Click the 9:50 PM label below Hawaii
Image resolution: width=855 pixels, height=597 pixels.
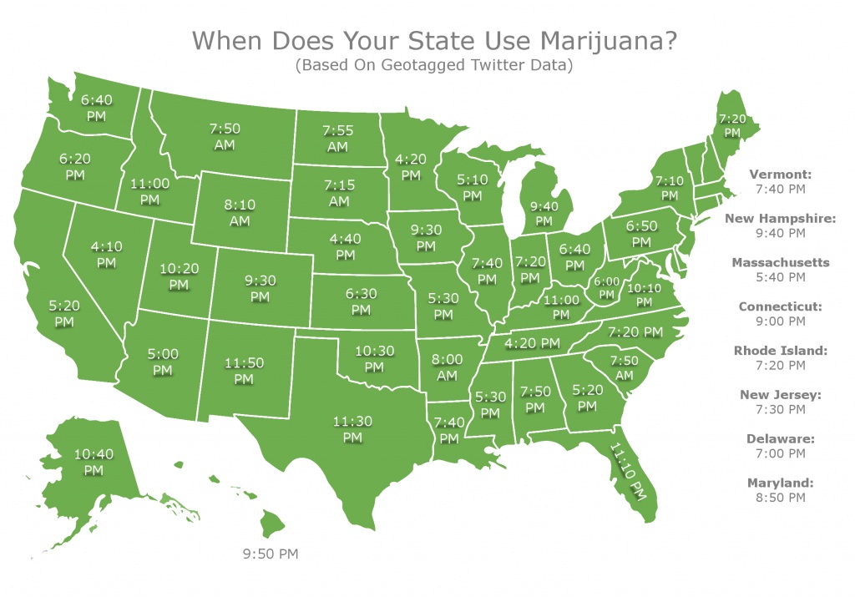tap(270, 554)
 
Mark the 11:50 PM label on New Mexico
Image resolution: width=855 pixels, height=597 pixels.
tap(243, 372)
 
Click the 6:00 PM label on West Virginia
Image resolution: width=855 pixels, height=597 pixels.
tap(607, 288)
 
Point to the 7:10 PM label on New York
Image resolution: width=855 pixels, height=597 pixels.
tap(670, 187)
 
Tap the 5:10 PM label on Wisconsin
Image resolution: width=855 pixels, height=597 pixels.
tap(472, 186)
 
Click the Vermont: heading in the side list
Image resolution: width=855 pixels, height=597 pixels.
tap(780, 175)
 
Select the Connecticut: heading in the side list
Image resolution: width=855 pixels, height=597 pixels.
tap(780, 306)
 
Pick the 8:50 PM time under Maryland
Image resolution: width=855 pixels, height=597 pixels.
tap(780, 498)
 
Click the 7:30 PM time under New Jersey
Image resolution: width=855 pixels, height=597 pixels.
tap(780, 409)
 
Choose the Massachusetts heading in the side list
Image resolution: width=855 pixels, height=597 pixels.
tap(780, 262)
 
